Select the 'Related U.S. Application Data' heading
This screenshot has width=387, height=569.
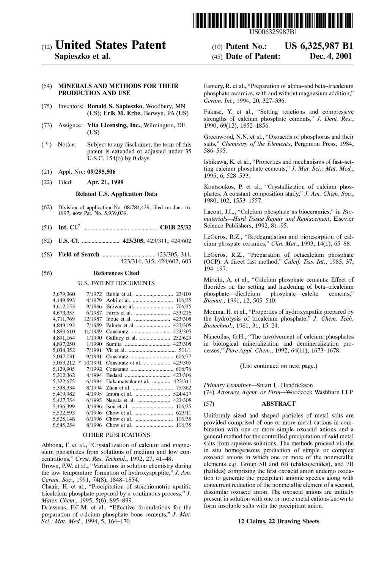[116, 194]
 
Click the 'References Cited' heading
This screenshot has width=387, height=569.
[116, 273]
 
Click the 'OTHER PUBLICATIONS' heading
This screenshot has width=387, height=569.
[116, 435]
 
